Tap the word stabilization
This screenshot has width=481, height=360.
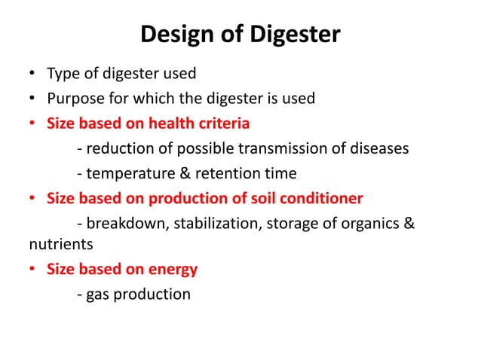pyautogui.click(x=207, y=223)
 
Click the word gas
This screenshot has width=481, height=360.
pyautogui.click(x=97, y=294)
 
